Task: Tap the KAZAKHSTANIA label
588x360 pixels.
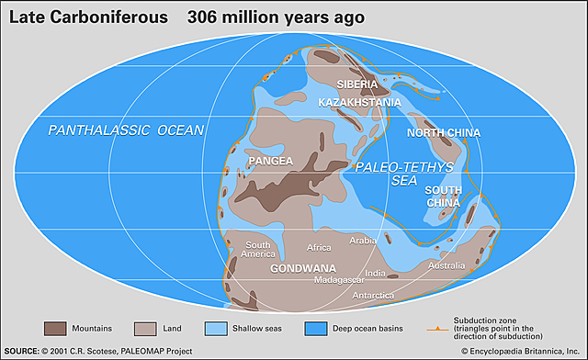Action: [360, 102]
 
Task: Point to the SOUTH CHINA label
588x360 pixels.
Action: [443, 195]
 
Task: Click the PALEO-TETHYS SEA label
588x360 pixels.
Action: [387, 174]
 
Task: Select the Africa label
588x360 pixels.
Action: [319, 247]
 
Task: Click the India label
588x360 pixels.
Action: [375, 273]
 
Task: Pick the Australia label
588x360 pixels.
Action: [447, 266]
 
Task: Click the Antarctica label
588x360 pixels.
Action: [374, 295]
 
